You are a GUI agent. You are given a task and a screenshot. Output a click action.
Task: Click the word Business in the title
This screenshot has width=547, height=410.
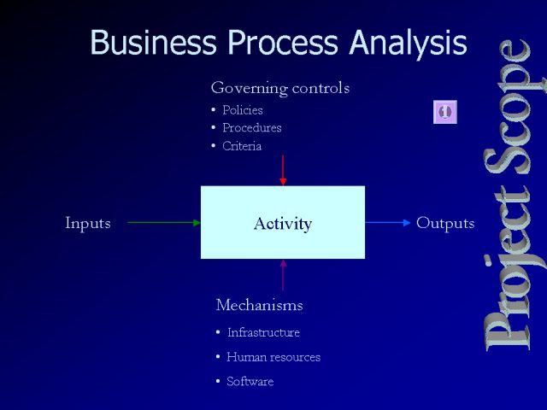154,42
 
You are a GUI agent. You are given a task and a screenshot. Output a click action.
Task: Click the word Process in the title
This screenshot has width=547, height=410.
283,42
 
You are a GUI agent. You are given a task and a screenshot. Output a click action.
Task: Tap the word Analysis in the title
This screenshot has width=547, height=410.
408,44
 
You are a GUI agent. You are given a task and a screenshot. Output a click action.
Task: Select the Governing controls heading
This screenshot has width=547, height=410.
280,88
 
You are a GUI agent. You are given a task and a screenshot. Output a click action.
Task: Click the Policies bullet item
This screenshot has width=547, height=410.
243,110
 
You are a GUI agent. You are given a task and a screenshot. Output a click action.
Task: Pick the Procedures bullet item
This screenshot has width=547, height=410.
252,128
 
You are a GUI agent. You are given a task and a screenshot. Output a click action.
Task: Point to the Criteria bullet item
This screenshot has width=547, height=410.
242,146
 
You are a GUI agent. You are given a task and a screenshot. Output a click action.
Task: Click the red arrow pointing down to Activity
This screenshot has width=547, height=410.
283,170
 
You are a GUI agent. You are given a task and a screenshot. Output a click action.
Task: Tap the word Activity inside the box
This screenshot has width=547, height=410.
283,224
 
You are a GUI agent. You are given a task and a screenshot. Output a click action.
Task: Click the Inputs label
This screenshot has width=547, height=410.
88,223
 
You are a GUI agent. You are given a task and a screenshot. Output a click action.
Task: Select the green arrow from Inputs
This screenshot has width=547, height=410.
164,222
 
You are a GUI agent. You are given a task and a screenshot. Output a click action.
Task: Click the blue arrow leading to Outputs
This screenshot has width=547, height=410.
388,222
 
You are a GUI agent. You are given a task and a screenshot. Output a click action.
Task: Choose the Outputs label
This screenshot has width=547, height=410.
445,223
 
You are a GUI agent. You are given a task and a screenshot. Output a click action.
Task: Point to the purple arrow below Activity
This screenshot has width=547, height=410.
283,275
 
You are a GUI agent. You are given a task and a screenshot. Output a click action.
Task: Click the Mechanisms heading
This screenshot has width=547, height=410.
259,305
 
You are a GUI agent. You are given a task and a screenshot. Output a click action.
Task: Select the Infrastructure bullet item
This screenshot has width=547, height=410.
263,332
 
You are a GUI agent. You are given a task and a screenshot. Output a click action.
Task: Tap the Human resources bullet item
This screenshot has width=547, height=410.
273,357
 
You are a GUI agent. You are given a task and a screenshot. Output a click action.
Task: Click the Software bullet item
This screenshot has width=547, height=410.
250,381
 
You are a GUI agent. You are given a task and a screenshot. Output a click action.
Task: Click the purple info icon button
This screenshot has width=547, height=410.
445,112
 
